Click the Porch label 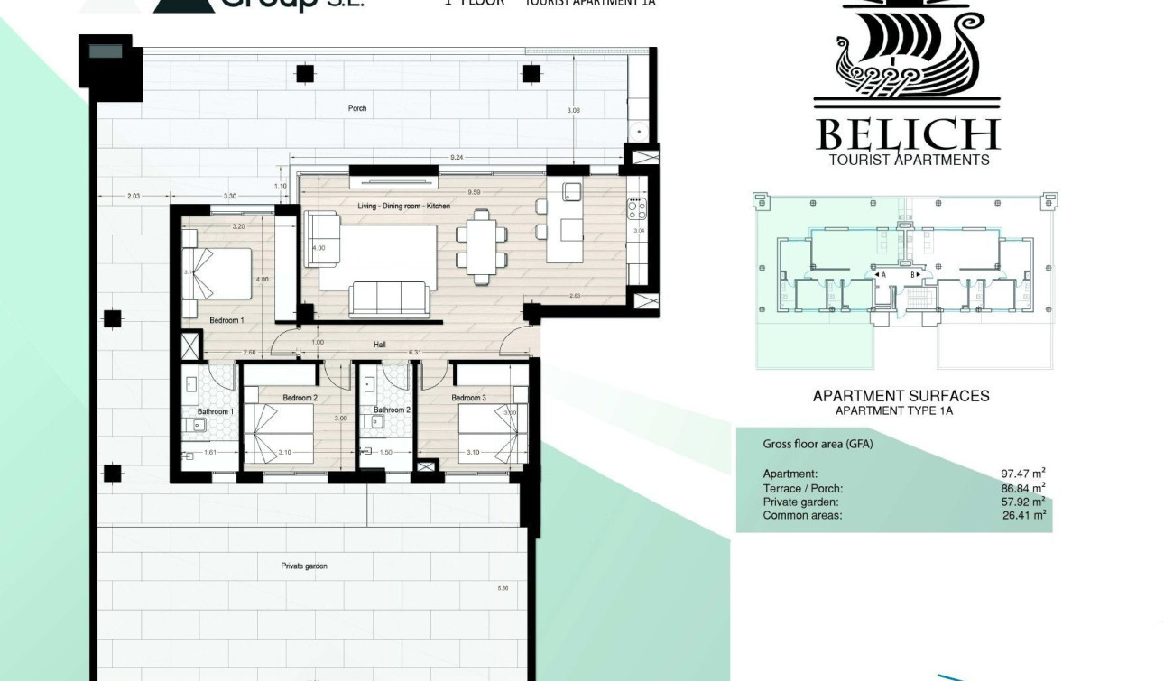(357, 108)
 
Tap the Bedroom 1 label (226, 320)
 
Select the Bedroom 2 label (300, 398)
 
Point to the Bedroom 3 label (468, 398)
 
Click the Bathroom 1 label (216, 411)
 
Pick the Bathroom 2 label (393, 410)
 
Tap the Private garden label (304, 566)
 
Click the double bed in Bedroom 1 (218, 273)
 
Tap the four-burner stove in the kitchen (636, 209)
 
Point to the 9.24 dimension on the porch (457, 158)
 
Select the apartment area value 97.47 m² (1022, 474)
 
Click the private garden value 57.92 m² (1022, 502)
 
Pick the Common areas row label (802, 516)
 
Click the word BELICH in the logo (907, 134)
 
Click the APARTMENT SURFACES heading (901, 396)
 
